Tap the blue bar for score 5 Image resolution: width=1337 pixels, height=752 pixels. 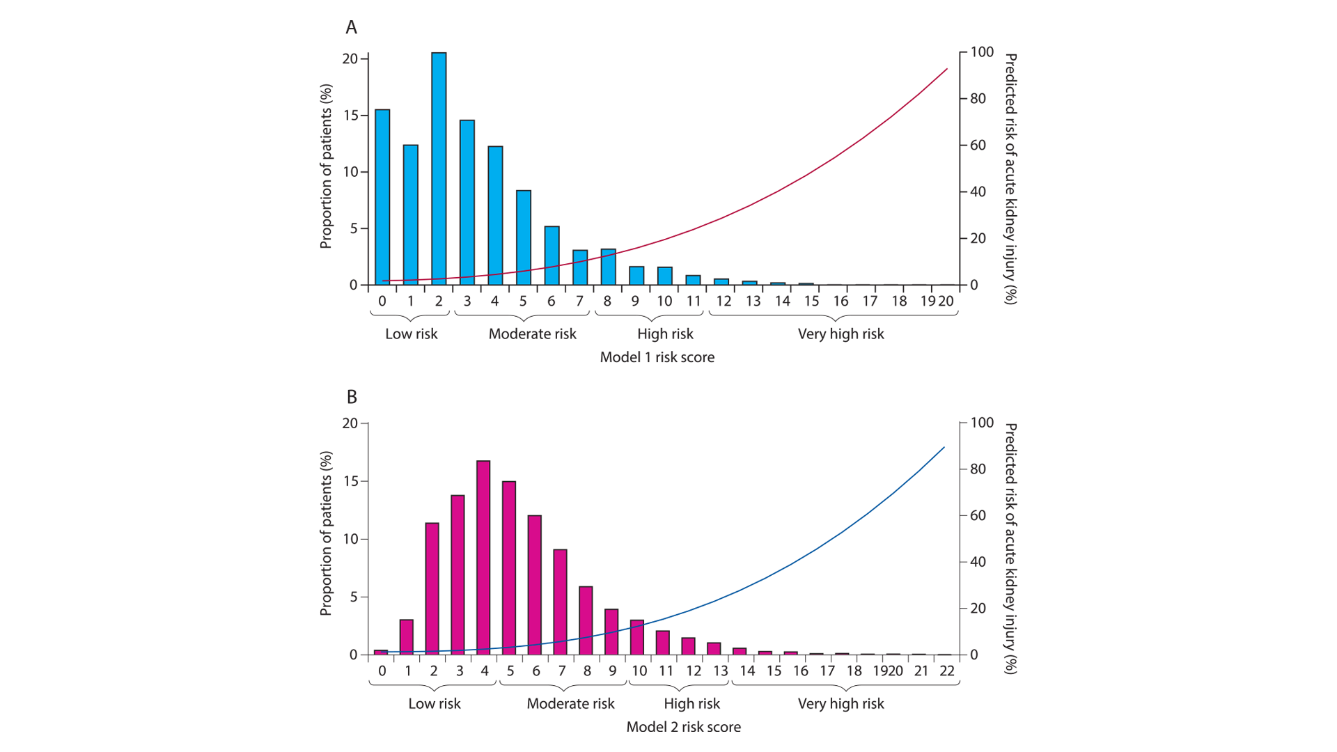tap(524, 237)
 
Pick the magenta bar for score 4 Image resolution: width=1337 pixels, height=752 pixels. tap(483, 558)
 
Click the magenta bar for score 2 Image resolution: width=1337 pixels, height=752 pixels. tap(432, 589)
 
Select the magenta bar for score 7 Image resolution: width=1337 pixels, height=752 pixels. tap(561, 602)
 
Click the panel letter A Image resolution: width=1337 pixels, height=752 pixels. tap(352, 27)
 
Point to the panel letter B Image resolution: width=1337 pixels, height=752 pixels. tap(352, 397)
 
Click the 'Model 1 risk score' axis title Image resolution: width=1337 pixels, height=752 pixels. tap(657, 357)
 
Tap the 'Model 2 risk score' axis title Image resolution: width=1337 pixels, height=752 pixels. tap(683, 727)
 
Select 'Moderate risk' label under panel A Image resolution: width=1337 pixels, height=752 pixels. tap(532, 334)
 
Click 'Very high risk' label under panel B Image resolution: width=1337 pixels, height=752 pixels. tap(840, 704)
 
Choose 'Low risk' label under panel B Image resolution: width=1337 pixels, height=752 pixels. tap(434, 704)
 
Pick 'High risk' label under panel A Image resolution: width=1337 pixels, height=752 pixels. tap(665, 334)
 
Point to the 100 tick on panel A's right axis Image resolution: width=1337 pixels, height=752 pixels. tap(982, 52)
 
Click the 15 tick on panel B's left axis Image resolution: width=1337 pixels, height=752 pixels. tap(350, 481)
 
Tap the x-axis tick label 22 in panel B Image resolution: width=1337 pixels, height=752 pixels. tap(946, 671)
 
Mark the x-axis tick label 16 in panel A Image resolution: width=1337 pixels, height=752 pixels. tap(840, 301)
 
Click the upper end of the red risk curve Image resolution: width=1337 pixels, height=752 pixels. tap(946, 70)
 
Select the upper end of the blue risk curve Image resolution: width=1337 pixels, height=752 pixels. tap(944, 448)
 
